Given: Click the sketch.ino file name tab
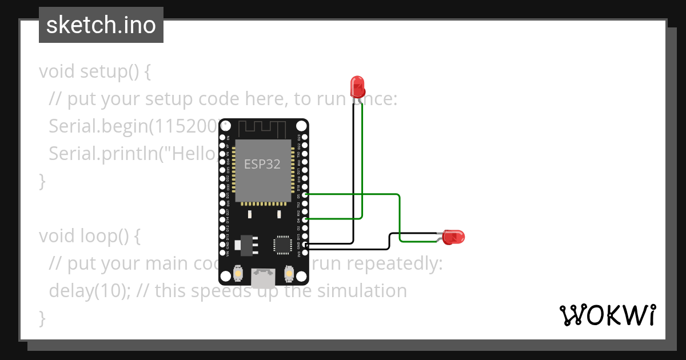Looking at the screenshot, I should pyautogui.click(x=101, y=25).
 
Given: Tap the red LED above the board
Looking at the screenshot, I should pyautogui.click(x=358, y=86).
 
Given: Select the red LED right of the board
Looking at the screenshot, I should pyautogui.click(x=454, y=237).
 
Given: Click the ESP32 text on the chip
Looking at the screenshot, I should pyautogui.click(x=262, y=164).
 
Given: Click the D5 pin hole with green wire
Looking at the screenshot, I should pyautogui.click(x=305, y=195).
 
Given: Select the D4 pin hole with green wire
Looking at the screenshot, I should pyautogui.click(x=305, y=219).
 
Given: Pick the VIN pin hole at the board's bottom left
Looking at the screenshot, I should pyautogui.click(x=223, y=252).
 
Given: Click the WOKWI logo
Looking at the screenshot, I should pyautogui.click(x=608, y=315).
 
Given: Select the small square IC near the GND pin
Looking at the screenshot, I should pyautogui.click(x=282, y=244).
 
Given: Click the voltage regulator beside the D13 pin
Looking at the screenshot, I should pyautogui.click(x=248, y=244).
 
